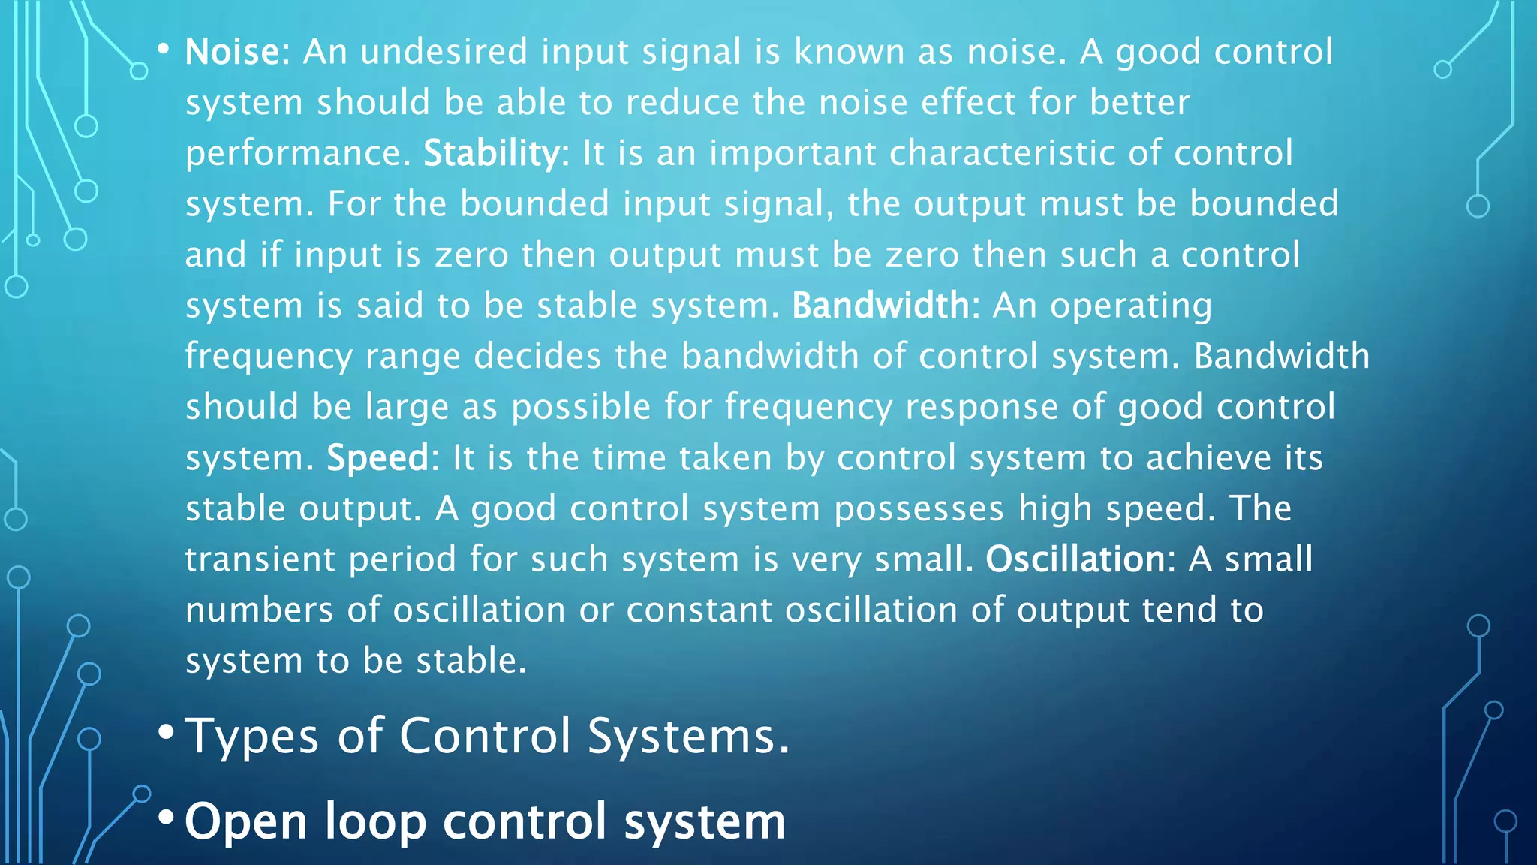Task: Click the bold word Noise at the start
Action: pos(232,53)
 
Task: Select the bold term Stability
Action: pos(491,154)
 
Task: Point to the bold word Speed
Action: pos(377,458)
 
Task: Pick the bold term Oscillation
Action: pos(1075,559)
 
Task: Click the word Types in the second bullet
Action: pos(252,736)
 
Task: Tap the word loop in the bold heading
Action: pos(375,821)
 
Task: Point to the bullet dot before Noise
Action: pos(163,50)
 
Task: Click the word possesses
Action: pos(919,509)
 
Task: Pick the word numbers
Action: pos(259,610)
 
